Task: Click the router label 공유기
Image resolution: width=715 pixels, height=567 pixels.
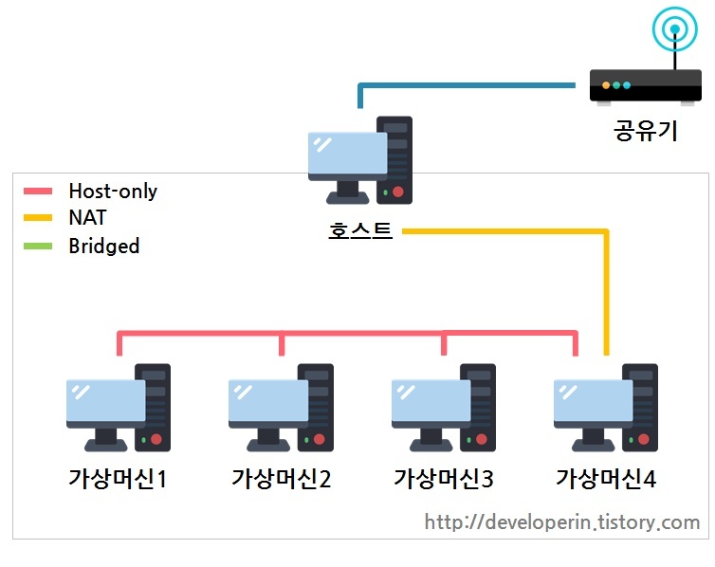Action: click(x=646, y=130)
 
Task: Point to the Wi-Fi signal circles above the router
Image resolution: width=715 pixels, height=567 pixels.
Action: click(x=674, y=29)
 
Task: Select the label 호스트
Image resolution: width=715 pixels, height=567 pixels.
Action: click(x=360, y=230)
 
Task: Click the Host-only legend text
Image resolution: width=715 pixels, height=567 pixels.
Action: click(x=113, y=192)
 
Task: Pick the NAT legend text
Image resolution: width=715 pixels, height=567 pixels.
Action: click(x=87, y=218)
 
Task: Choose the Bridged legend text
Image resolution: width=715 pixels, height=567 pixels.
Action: click(x=103, y=247)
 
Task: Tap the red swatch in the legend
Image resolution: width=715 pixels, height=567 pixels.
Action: click(x=39, y=192)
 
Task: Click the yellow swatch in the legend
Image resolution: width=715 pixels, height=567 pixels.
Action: click(x=39, y=219)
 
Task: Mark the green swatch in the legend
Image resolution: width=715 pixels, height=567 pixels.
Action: click(x=39, y=247)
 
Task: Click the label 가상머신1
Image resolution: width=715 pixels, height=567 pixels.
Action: click(x=118, y=478)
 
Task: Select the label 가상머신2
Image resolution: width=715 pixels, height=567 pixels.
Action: click(x=281, y=478)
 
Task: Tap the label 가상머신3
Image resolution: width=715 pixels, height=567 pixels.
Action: click(x=444, y=478)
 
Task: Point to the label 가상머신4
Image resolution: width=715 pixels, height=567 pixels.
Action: click(x=606, y=478)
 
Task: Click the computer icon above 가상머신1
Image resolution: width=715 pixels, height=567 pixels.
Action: click(x=119, y=408)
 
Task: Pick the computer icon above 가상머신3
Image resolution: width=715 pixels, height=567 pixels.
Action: click(x=444, y=408)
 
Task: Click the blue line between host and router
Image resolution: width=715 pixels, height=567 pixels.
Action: click(x=465, y=86)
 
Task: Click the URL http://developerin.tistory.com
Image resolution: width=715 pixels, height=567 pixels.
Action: click(x=561, y=522)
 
